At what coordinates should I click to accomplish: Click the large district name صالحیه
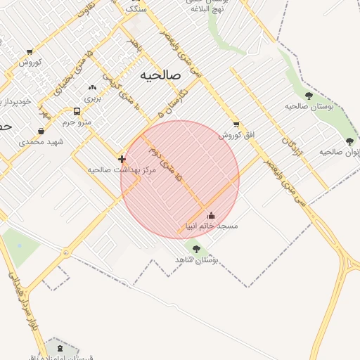click(x=160, y=75)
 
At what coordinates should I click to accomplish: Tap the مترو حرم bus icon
click(x=77, y=111)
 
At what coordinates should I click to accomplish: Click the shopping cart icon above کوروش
click(x=30, y=51)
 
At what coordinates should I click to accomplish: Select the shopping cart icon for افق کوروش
click(x=236, y=124)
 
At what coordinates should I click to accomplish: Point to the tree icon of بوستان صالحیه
click(x=309, y=95)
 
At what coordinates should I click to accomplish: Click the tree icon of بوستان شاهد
click(x=196, y=249)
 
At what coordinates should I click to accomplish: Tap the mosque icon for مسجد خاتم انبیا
click(x=211, y=215)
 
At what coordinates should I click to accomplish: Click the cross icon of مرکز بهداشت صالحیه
click(x=122, y=159)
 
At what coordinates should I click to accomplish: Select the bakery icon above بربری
click(x=92, y=88)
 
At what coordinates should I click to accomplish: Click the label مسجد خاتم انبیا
click(x=211, y=226)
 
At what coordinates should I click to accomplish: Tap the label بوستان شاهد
click(x=196, y=260)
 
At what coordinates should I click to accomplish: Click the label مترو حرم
click(x=77, y=122)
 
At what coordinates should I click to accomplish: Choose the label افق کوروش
click(x=236, y=135)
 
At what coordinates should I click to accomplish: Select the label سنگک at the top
click(x=135, y=9)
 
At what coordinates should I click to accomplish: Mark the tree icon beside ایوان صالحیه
click(x=349, y=141)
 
